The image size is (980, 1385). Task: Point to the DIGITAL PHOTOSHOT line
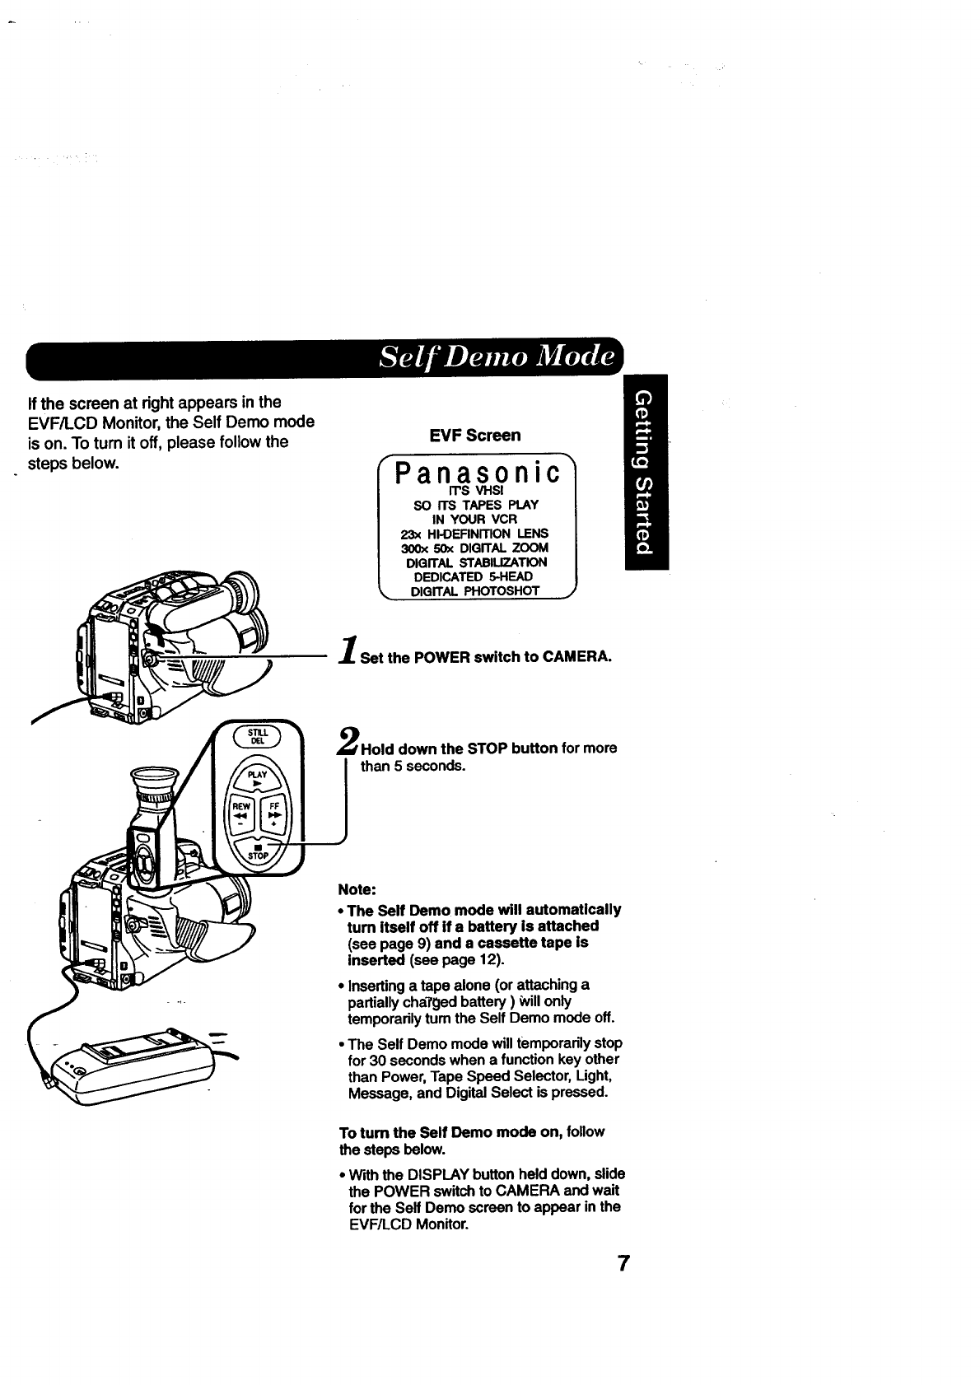click(x=474, y=590)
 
